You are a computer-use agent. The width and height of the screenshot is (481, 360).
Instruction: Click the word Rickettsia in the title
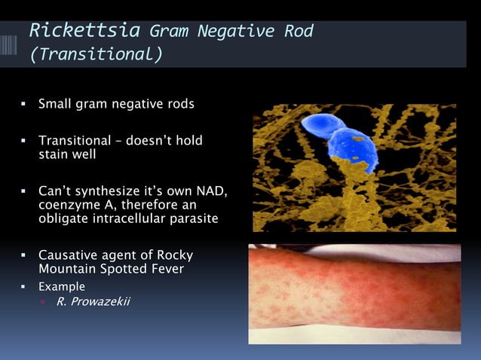84,31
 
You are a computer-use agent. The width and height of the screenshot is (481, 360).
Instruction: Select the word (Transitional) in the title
95,55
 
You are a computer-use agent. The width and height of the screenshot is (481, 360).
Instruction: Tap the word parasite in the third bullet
195,218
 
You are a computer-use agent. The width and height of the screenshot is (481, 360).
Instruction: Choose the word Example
62,287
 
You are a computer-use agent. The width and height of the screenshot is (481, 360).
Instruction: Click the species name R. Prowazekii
93,303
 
